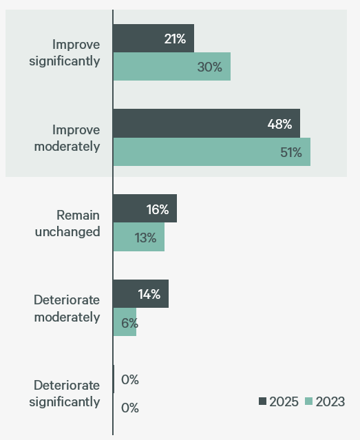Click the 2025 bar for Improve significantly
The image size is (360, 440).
click(153, 39)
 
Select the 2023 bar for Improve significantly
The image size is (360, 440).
click(171, 67)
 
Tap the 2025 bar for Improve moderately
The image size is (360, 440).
click(207, 124)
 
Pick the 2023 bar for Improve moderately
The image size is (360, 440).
click(211, 152)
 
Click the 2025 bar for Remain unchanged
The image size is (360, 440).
click(145, 209)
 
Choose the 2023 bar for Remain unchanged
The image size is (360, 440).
click(138, 238)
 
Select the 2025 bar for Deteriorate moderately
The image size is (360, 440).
click(140, 294)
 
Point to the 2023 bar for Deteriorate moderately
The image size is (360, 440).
click(125, 322)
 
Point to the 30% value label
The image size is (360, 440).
click(210, 67)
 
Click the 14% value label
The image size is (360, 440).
click(149, 295)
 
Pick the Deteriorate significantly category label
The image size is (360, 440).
click(65, 393)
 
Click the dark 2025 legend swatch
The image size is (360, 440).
click(263, 402)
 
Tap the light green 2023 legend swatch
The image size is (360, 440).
click(309, 402)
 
